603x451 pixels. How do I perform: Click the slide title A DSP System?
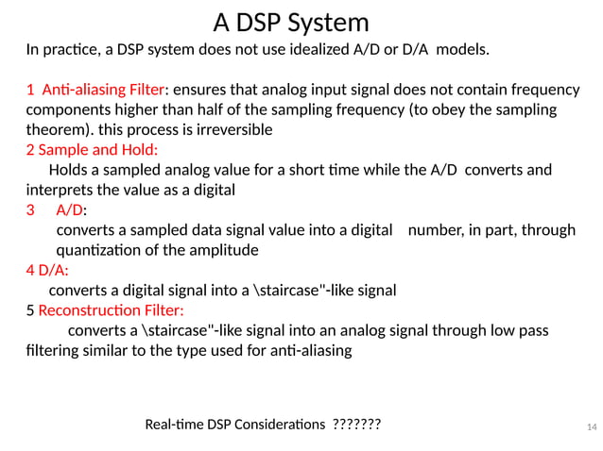[x=290, y=22]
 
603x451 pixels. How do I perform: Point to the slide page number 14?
[x=592, y=427]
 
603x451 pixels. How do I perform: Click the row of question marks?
[x=357, y=426]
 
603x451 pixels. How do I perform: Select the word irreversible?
[x=236, y=129]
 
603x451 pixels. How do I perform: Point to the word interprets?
[x=61, y=190]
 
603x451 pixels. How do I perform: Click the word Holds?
[x=69, y=170]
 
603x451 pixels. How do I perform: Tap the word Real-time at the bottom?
[x=180, y=426]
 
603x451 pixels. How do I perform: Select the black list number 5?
[x=30, y=310]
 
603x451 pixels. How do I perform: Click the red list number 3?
[x=30, y=209]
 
